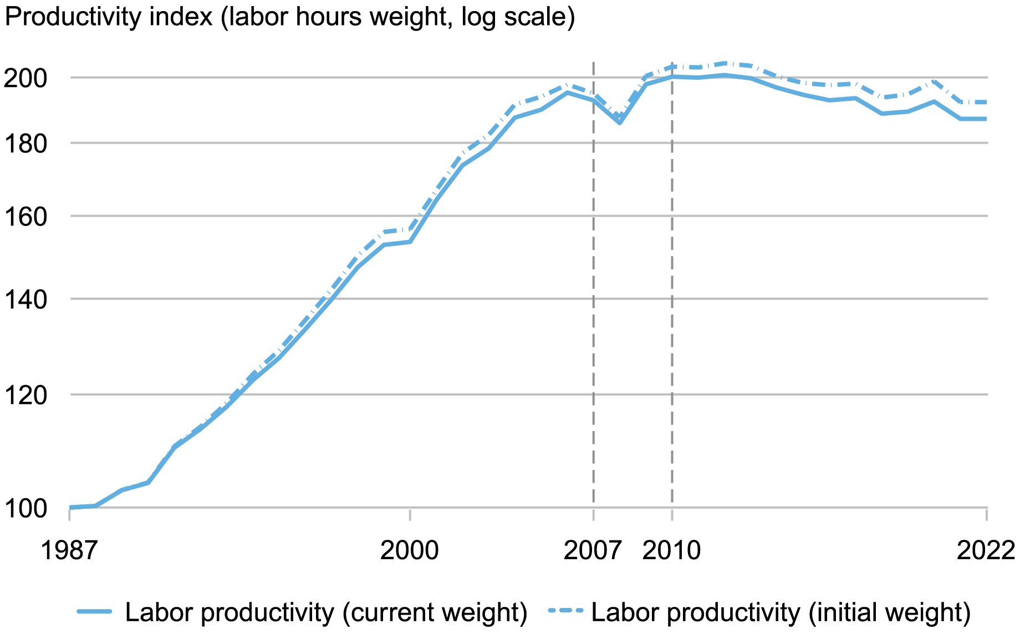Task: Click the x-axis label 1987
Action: click(x=69, y=551)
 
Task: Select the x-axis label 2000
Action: click(x=409, y=551)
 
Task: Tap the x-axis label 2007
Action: click(x=593, y=551)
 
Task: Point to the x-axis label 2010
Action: click(x=671, y=551)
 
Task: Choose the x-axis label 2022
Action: click(x=986, y=551)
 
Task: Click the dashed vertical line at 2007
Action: click(x=593, y=277)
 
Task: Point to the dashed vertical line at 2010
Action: click(x=672, y=277)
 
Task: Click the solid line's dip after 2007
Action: click(x=619, y=122)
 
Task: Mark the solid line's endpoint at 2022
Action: click(x=986, y=119)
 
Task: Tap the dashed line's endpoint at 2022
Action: click(x=986, y=102)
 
